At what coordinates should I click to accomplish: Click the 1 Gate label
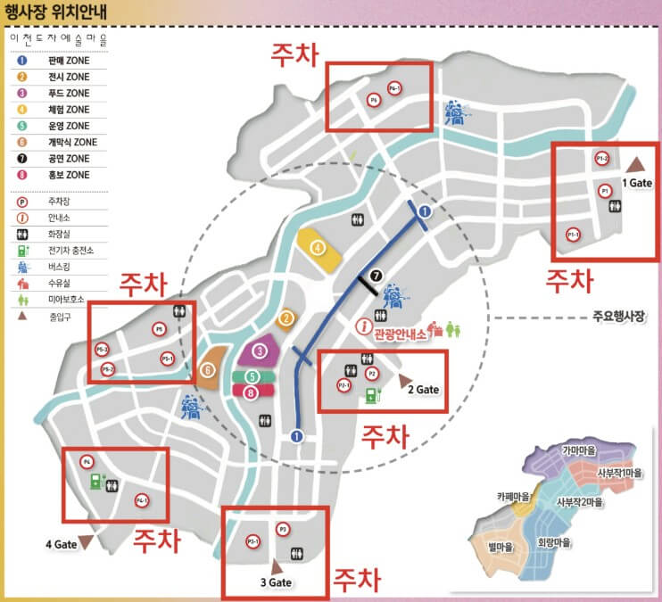(x=639, y=182)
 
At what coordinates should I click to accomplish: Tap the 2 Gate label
(x=424, y=390)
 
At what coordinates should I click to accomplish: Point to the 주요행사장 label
(x=617, y=316)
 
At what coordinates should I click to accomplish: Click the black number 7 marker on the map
(x=376, y=276)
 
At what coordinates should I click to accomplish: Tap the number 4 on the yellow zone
(x=316, y=247)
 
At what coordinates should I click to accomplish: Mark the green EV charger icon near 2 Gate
(x=370, y=394)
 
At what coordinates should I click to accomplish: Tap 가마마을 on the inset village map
(x=579, y=450)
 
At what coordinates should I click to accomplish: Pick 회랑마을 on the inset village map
(x=554, y=541)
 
